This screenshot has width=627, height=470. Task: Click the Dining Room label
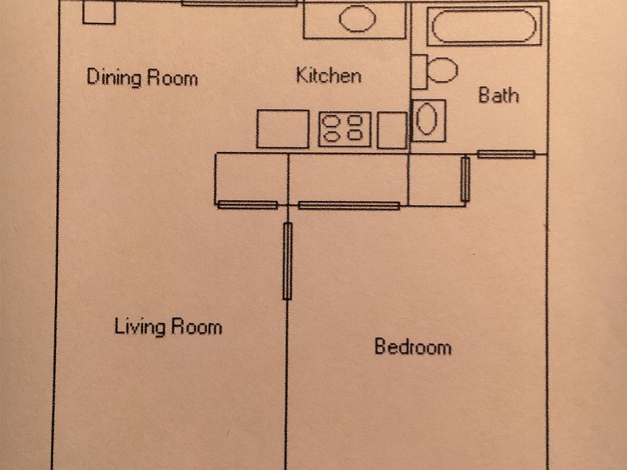click(142, 78)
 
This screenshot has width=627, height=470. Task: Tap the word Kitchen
click(328, 75)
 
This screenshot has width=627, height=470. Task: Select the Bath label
click(498, 95)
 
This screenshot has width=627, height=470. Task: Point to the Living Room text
click(168, 326)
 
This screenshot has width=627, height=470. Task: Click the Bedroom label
click(412, 346)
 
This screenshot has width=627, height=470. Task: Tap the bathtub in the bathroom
click(484, 26)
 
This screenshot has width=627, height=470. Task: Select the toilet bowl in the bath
click(443, 70)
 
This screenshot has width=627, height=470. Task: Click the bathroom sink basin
click(427, 119)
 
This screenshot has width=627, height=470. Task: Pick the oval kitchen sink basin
click(357, 20)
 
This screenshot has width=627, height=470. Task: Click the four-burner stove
click(344, 129)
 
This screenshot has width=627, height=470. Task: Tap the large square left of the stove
click(282, 129)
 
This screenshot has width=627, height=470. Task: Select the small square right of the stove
click(393, 130)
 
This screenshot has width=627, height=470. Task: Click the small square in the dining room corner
click(99, 12)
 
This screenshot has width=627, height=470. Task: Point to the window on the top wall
click(239, 3)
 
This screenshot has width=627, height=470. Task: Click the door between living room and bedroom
click(287, 261)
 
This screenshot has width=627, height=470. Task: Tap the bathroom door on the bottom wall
click(506, 155)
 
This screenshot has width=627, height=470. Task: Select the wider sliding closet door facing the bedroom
click(348, 206)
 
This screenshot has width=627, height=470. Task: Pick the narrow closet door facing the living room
click(248, 205)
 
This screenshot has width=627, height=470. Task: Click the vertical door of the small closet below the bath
click(465, 179)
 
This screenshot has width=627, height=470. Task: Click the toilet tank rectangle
click(419, 71)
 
